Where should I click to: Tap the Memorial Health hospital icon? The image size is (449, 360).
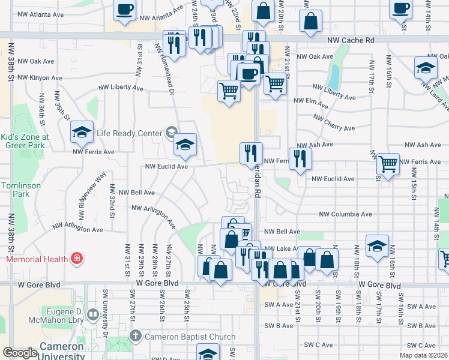77,259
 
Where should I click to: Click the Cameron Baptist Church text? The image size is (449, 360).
188,336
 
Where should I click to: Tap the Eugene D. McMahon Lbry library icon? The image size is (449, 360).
93,314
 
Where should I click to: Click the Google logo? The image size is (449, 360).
19,353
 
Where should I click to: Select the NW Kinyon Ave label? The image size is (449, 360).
40,78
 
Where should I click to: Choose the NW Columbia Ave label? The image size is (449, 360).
345,214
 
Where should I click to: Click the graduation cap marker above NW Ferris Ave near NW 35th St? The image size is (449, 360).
82,133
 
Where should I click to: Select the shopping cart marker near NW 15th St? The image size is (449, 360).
388,161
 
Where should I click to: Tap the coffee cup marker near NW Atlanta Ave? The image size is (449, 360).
125,10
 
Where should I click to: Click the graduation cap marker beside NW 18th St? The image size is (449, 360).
376,246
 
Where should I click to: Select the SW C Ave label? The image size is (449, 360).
319,345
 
